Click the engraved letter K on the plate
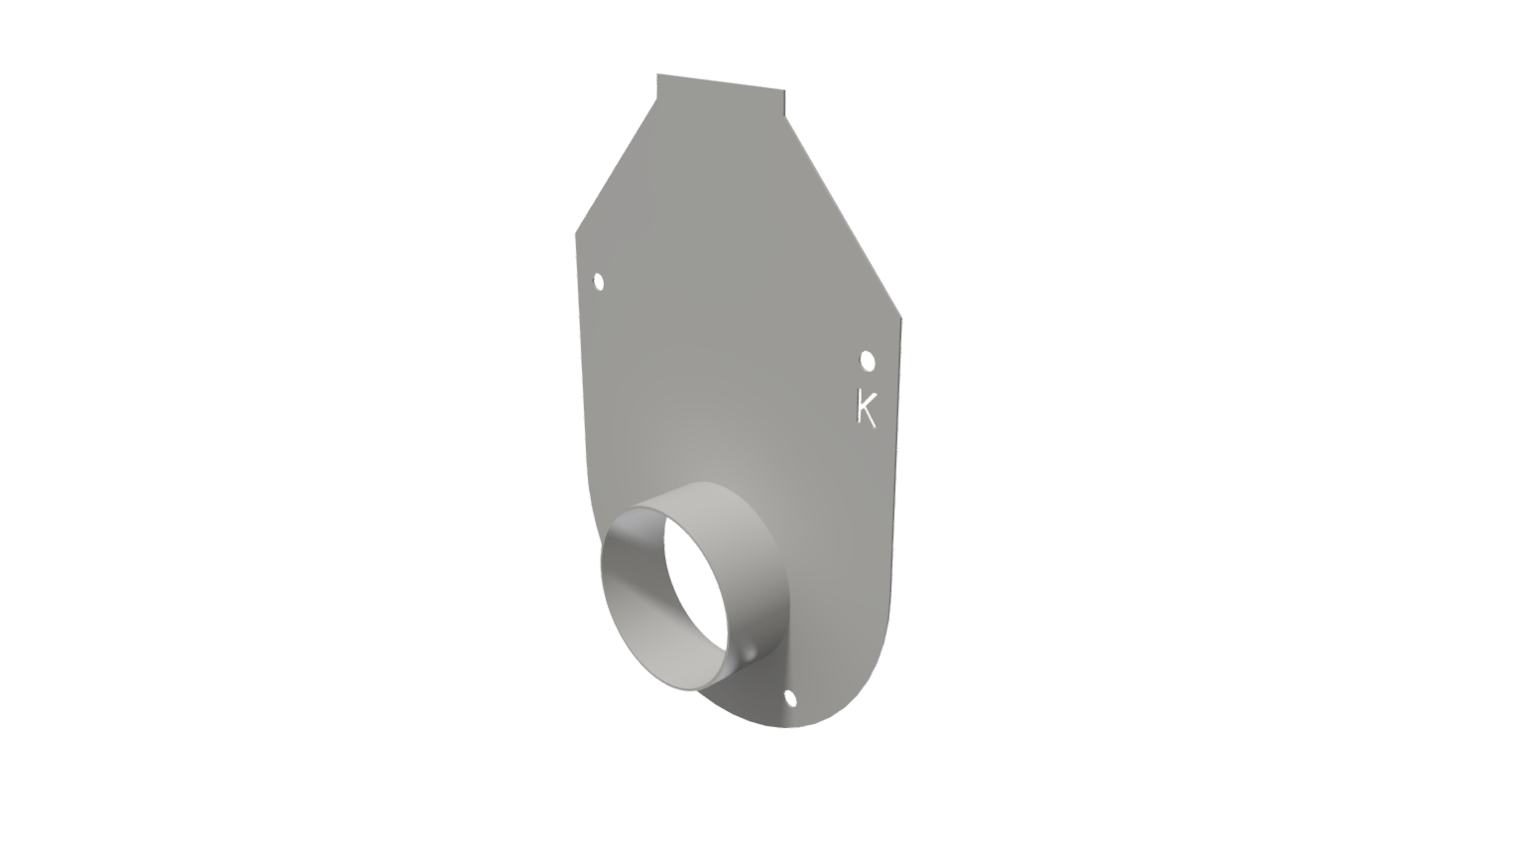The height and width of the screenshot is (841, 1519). tap(867, 408)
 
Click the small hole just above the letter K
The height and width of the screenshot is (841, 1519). tap(868, 360)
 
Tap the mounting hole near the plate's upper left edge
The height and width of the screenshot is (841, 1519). tap(599, 283)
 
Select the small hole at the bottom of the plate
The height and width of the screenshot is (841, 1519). tap(790, 699)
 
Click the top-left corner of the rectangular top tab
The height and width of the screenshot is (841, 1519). tap(657, 74)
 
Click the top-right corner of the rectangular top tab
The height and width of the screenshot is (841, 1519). tap(784, 90)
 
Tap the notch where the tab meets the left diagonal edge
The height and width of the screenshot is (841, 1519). tap(657, 99)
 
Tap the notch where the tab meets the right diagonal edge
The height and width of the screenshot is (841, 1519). tap(785, 116)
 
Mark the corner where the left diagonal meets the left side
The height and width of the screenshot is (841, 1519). tap(576, 234)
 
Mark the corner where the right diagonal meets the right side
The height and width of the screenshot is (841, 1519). tap(901, 318)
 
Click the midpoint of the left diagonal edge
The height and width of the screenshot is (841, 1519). tap(617, 167)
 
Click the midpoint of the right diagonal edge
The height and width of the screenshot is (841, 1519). tap(844, 217)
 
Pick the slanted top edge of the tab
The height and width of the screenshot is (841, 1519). tap(721, 82)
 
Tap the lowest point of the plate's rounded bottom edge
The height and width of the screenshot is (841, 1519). tap(788, 727)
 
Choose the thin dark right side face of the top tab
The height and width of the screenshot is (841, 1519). tap(785, 103)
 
